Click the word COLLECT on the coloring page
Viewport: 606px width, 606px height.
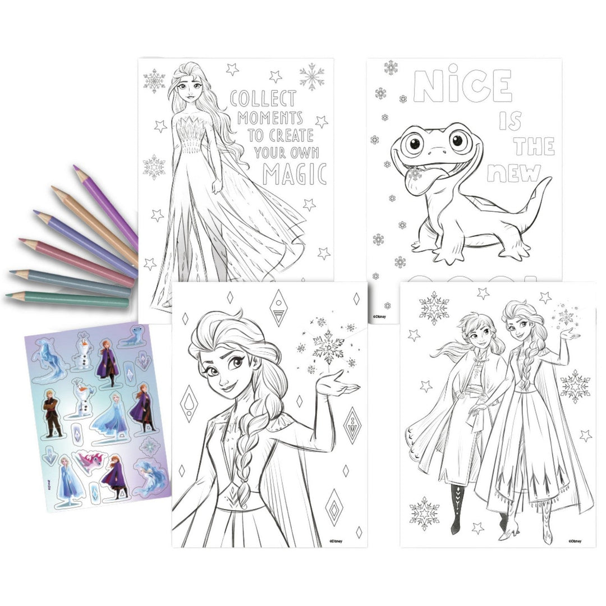click(263, 99)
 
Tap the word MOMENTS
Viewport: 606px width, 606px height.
click(270, 118)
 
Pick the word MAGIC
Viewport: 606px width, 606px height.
click(295, 175)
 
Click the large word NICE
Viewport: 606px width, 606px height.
click(462, 86)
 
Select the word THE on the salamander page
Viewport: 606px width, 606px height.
click(534, 146)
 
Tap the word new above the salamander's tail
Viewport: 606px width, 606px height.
click(513, 173)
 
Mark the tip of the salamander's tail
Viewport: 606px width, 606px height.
click(548, 180)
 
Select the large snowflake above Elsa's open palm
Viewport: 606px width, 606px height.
click(328, 348)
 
